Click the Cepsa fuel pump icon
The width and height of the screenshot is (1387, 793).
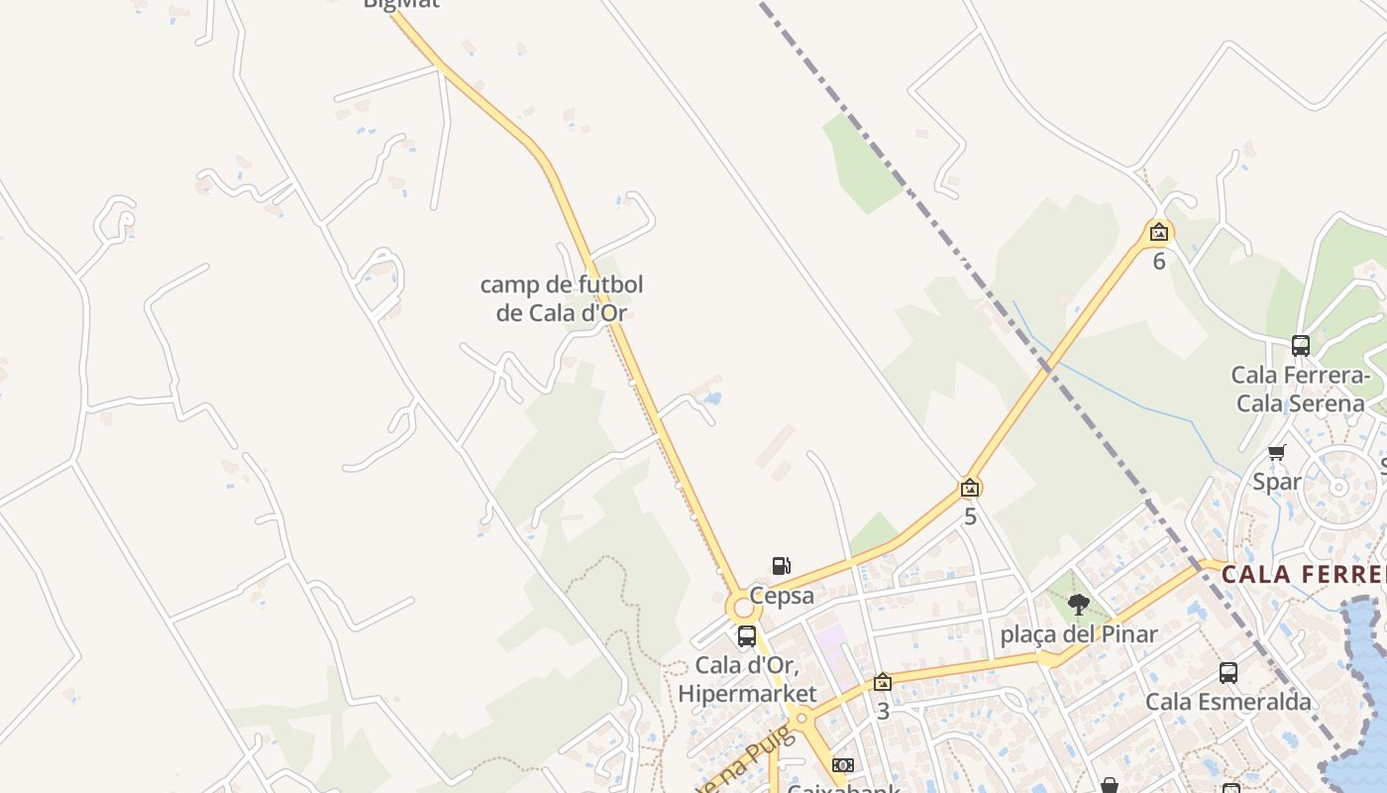tap(782, 566)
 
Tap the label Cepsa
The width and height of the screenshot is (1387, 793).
tap(782, 596)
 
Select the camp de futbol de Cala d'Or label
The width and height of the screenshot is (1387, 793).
tap(562, 298)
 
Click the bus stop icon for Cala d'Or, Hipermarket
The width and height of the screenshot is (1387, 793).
tap(747, 636)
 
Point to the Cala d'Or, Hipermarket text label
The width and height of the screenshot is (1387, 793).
tap(748, 679)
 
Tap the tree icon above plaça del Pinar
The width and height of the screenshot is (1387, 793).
tap(1079, 604)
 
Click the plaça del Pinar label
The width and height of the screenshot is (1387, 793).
tap(1079, 634)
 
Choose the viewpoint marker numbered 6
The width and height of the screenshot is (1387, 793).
tap(1159, 233)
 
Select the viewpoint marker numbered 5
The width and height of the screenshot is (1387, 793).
tap(970, 488)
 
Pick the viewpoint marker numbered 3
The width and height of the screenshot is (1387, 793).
tap(883, 682)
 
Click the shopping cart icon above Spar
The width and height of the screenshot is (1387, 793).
tap(1276, 453)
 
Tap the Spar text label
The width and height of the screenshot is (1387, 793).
tap(1277, 483)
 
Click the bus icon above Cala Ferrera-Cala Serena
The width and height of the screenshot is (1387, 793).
tap(1301, 346)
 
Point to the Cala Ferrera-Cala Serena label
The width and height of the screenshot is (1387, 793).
tap(1300, 390)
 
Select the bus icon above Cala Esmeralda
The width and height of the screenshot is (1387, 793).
tap(1228, 673)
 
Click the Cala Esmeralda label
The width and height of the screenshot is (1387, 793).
tap(1228, 702)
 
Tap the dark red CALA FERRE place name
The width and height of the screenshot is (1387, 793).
tap(1303, 575)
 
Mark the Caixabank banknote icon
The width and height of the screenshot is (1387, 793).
tap(843, 765)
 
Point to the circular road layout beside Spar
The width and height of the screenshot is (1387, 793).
tap(1338, 487)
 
